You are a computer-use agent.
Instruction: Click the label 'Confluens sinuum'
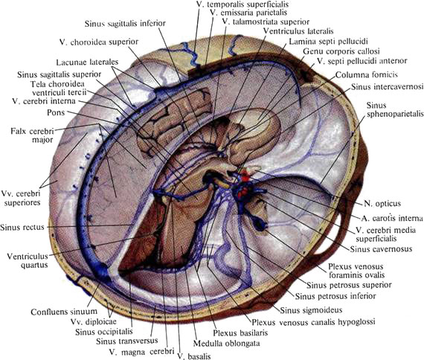click(x=64, y=312)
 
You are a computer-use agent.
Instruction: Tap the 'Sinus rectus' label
click(x=22, y=227)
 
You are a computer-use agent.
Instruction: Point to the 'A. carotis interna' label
click(x=392, y=218)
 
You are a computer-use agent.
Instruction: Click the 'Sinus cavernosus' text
click(x=381, y=249)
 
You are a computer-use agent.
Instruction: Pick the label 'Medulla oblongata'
click(x=226, y=344)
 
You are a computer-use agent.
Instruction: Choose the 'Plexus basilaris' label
click(x=240, y=332)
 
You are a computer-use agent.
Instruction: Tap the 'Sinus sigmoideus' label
click(x=311, y=310)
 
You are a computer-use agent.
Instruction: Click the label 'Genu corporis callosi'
click(x=341, y=51)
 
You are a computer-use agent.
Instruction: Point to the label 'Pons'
click(x=56, y=112)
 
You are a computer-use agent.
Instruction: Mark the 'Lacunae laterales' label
click(x=87, y=62)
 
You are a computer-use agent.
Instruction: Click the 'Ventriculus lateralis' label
click(x=298, y=31)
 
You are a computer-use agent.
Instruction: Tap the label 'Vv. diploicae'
click(x=93, y=321)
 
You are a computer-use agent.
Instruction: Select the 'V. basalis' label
click(x=194, y=356)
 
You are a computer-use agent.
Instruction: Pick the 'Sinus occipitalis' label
click(x=104, y=332)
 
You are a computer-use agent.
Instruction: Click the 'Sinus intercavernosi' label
click(x=388, y=86)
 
